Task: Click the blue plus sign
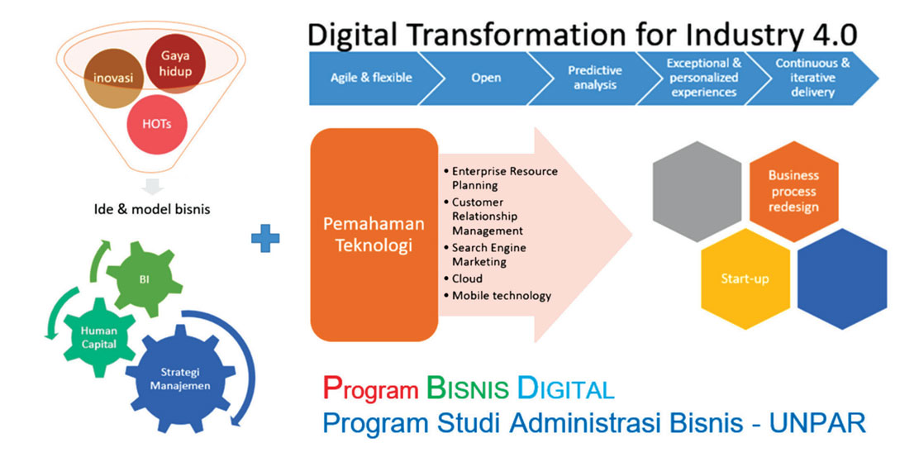[265, 239]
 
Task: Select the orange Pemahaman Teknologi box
[374, 236]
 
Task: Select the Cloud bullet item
[467, 278]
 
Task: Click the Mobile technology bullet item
[501, 295]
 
